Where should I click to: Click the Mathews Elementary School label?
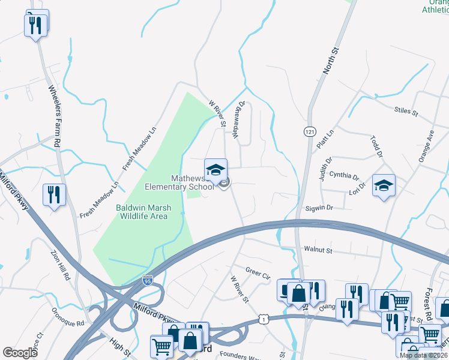(x=179, y=182)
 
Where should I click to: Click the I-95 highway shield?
(x=148, y=280)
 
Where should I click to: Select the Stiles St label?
(x=405, y=110)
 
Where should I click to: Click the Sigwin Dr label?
(x=319, y=208)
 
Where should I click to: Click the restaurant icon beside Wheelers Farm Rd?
(x=54, y=195)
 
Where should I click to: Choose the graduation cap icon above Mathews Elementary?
(x=215, y=169)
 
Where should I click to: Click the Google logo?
(x=20, y=353)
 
